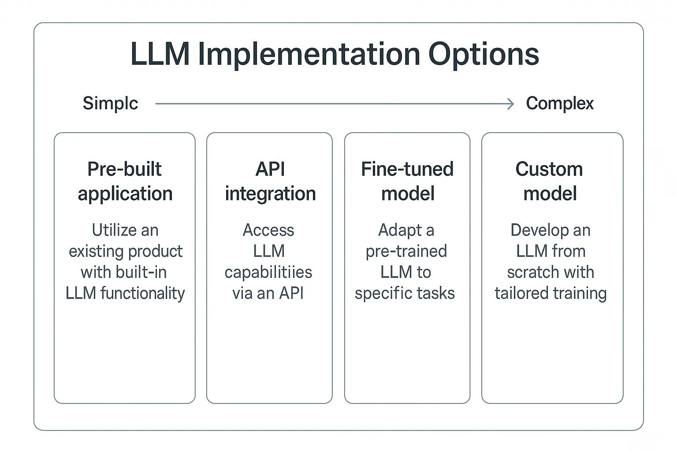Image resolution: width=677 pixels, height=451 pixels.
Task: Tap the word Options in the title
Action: pyautogui.click(x=484, y=55)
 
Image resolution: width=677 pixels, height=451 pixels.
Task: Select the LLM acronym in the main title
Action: pyautogui.click(x=160, y=55)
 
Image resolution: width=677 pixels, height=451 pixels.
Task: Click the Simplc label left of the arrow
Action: pyautogui.click(x=110, y=104)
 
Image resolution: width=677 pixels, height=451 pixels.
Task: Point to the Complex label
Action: pyautogui.click(x=559, y=104)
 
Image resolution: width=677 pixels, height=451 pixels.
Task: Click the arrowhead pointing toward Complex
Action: pyautogui.click(x=511, y=104)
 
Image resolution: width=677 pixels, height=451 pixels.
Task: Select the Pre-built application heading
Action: pyautogui.click(x=125, y=181)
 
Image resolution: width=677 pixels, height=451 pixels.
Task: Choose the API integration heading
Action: pyautogui.click(x=270, y=181)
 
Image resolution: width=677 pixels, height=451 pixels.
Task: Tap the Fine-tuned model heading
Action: pyautogui.click(x=407, y=181)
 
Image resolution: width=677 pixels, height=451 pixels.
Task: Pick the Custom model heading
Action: pyautogui.click(x=550, y=181)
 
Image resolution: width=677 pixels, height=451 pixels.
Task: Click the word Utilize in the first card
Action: pyautogui.click(x=113, y=230)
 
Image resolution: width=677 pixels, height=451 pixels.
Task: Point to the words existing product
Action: pyautogui.click(x=125, y=251)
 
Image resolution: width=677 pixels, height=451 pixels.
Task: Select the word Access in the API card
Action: pyautogui.click(x=268, y=230)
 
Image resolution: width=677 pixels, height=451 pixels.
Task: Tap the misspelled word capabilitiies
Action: pyautogui.click(x=268, y=273)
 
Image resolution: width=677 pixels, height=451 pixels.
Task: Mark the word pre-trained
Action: pyautogui.click(x=406, y=251)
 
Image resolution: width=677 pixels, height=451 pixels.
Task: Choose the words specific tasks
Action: pyautogui.click(x=405, y=293)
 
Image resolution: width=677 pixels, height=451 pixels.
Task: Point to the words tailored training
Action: pyautogui.click(x=551, y=293)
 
